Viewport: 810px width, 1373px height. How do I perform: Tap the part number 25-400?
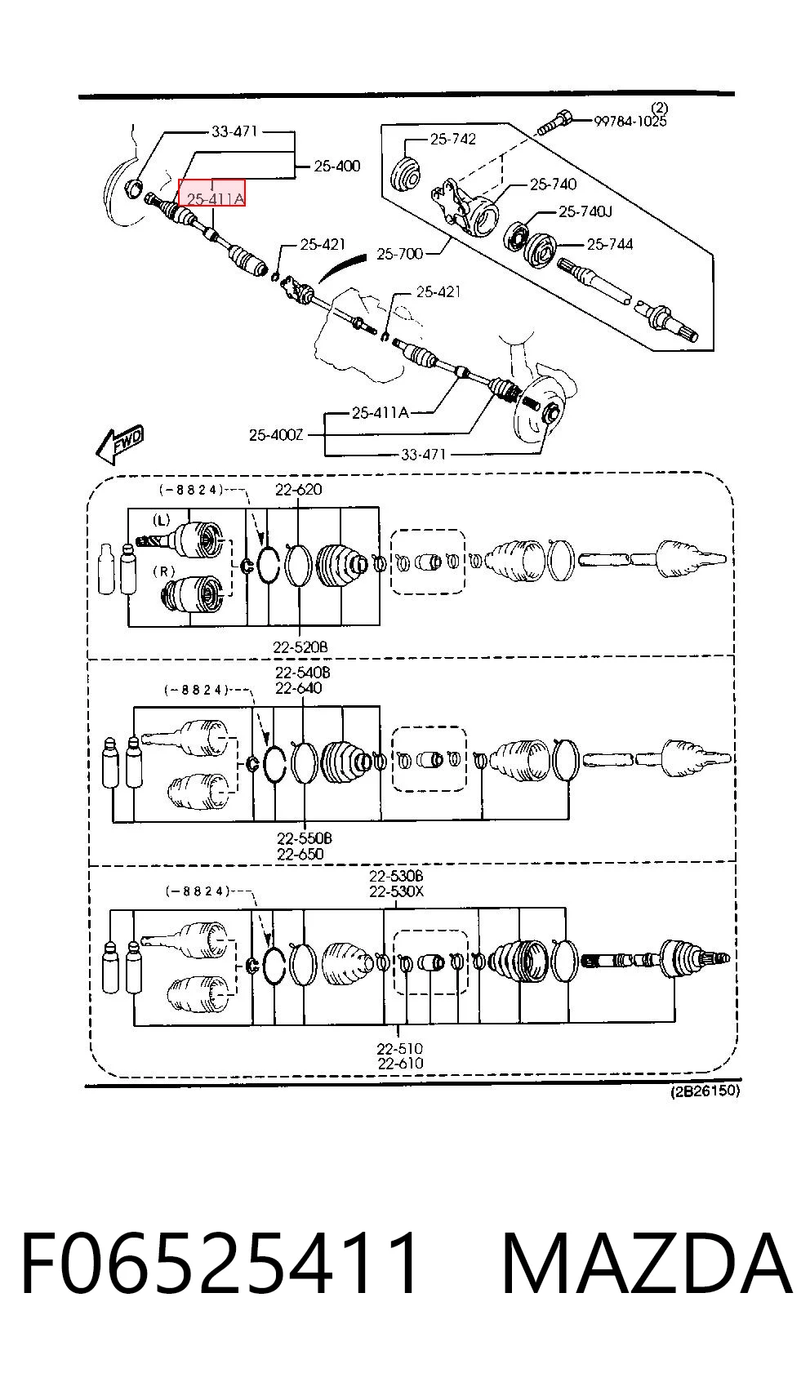click(336, 166)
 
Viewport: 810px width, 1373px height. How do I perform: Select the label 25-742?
click(453, 140)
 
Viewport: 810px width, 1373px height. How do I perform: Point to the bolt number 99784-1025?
click(630, 121)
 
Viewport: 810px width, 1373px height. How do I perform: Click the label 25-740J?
click(585, 211)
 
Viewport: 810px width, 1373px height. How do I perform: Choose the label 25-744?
click(609, 244)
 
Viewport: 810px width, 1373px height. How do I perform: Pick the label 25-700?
click(400, 254)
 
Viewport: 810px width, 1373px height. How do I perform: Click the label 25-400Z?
click(276, 435)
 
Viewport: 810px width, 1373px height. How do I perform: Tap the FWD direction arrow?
click(120, 443)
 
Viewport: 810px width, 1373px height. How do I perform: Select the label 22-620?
click(299, 489)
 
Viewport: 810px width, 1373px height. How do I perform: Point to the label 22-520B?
click(300, 647)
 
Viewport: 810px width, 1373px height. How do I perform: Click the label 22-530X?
click(396, 891)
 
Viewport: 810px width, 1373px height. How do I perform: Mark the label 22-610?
click(400, 1062)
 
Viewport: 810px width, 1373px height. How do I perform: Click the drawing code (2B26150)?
click(705, 1091)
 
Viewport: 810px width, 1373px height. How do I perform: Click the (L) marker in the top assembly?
click(161, 521)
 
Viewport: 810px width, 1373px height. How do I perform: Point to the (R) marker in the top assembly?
click(164, 571)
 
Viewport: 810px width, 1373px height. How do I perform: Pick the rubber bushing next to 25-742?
click(405, 174)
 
